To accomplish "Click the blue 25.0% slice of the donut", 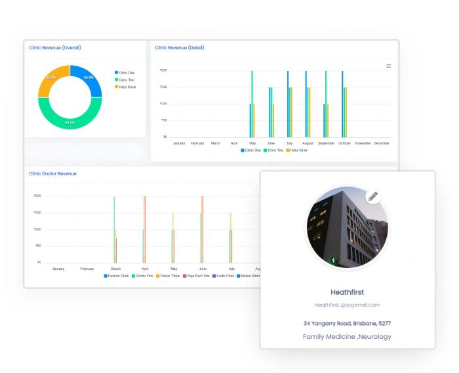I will (x=89, y=79).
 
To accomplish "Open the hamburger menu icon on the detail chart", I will (x=388, y=66).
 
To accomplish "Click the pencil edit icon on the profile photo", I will (x=373, y=196).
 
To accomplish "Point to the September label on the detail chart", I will (x=326, y=143).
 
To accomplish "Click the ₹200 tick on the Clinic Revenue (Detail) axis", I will (x=163, y=70).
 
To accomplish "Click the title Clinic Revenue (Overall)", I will (x=55, y=48).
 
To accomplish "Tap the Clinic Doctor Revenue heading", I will (x=52, y=174).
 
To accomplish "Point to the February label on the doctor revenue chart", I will (x=87, y=269).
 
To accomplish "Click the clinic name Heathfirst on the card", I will (x=348, y=292).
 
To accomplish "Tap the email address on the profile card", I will (x=348, y=305).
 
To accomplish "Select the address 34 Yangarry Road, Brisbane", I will (x=347, y=323).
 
